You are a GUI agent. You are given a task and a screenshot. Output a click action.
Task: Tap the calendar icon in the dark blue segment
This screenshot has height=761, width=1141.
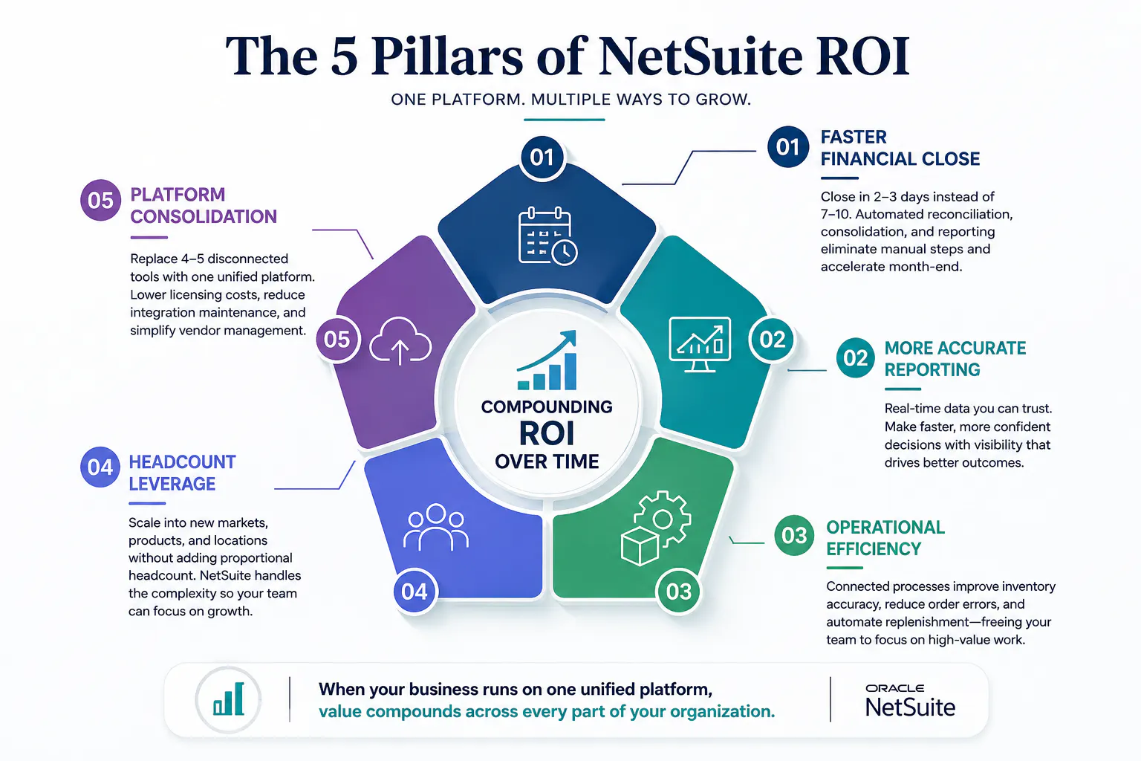pos(547,236)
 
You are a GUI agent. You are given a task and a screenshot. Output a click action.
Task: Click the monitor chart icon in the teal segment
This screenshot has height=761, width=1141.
pos(700,345)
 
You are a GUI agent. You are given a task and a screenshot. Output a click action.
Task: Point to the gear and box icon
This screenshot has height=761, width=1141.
pos(656,528)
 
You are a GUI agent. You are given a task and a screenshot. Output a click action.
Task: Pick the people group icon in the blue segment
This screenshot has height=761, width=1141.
pos(436,527)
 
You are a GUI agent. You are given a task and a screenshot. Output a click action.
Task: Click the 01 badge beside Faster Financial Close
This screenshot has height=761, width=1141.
pos(788,147)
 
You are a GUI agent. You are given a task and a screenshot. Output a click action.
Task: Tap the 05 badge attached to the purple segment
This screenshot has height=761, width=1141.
pos(337,340)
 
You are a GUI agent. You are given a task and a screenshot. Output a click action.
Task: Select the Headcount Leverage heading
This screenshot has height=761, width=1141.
pos(182,473)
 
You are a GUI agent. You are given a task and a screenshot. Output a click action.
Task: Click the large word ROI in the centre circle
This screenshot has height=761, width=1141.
pos(547,434)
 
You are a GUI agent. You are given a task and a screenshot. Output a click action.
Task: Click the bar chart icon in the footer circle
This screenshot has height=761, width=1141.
pos(228,699)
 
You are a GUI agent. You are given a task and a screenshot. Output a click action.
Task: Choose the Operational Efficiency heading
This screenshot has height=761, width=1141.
pos(885,538)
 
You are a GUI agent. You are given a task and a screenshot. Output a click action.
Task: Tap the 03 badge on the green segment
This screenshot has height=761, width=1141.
pos(678,592)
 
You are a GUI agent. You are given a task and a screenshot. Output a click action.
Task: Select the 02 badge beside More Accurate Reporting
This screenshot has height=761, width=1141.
pos(855,357)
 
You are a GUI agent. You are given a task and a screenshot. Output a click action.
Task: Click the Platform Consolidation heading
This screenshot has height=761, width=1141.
pos(204,205)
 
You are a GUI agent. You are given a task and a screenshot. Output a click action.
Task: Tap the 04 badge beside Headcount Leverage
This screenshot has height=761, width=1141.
pos(100,467)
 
